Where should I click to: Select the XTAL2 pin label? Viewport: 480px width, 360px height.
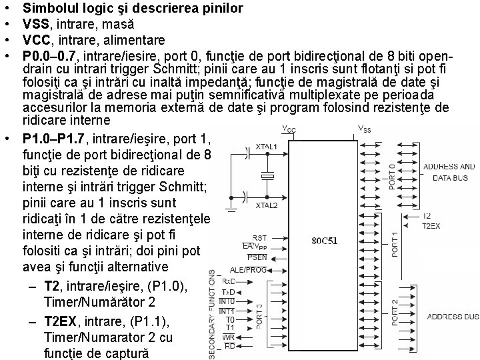point(266,205)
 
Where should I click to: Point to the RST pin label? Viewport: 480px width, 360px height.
point(260,237)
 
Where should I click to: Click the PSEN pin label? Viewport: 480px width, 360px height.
point(258,257)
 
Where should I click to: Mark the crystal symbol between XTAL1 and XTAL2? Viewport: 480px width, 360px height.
point(268,176)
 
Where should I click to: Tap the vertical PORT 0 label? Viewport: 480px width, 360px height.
point(393,175)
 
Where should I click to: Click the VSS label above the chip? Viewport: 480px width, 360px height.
point(365,128)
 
